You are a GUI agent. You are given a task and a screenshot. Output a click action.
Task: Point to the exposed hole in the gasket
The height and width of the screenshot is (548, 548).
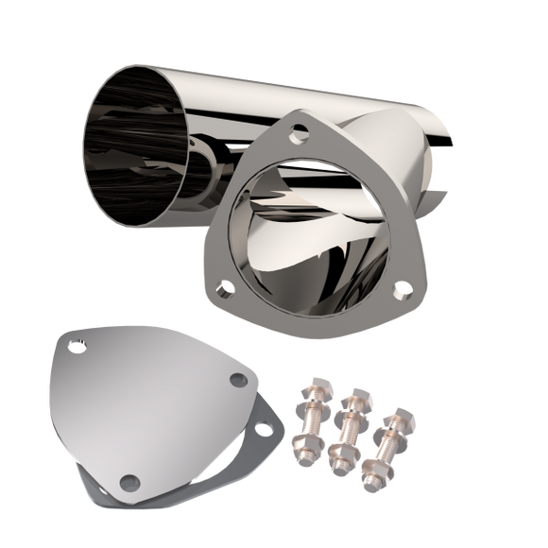pos(267,431)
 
